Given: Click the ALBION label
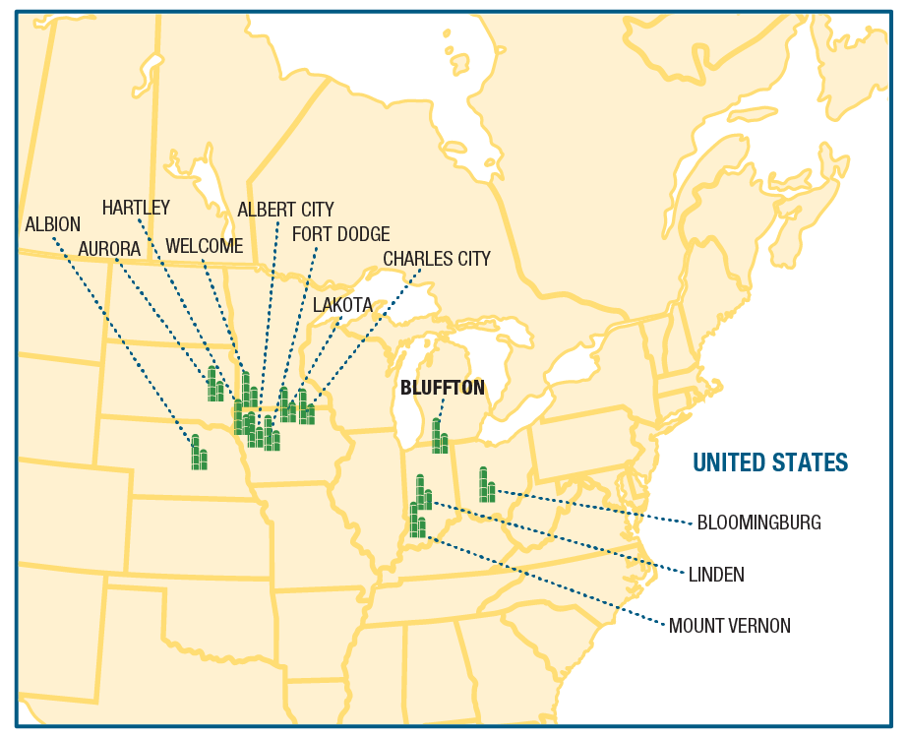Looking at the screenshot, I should click(x=53, y=224).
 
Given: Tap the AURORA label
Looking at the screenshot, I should click(x=109, y=249).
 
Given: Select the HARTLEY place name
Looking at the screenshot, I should click(x=137, y=208).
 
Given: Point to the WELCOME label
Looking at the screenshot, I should click(x=204, y=246).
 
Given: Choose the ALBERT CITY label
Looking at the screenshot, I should click(x=285, y=210).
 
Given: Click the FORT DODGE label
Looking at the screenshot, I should click(x=340, y=234).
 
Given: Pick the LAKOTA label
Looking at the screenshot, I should click(x=342, y=305).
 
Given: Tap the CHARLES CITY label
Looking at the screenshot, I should click(x=436, y=259).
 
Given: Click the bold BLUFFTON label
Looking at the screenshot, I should click(x=442, y=388).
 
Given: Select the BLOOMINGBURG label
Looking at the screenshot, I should click(x=758, y=523).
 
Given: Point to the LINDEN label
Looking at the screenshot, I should click(x=716, y=575).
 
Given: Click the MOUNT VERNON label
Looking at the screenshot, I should click(x=729, y=626).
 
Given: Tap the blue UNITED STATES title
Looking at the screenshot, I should click(x=770, y=462).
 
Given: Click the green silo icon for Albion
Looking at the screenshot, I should click(x=199, y=454).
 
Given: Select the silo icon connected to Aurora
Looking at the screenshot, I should click(x=214, y=385).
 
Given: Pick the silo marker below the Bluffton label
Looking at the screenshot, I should click(x=440, y=437).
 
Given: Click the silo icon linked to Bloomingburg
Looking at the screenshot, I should click(x=486, y=486).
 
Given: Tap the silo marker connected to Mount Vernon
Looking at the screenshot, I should click(x=418, y=521).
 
